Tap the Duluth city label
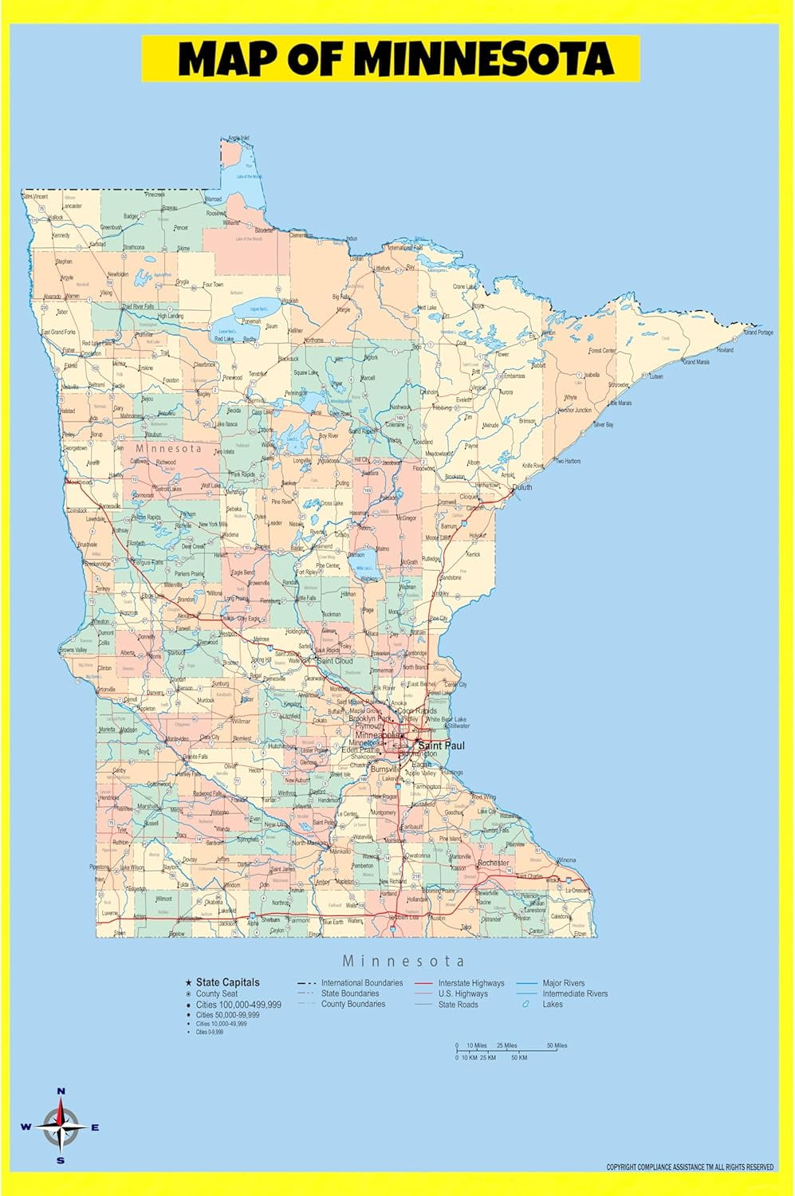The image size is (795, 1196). click(x=521, y=486)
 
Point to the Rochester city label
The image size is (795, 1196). click(x=493, y=863)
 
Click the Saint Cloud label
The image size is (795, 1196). click(x=335, y=661)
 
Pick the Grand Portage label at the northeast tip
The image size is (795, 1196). click(x=758, y=332)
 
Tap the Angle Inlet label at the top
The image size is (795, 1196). click(x=238, y=138)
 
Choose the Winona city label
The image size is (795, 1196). click(x=566, y=860)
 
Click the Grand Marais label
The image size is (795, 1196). click(x=695, y=362)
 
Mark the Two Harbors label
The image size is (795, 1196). click(x=568, y=461)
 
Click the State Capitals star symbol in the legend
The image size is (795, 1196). click(x=188, y=982)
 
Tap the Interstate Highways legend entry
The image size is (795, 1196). click(x=470, y=983)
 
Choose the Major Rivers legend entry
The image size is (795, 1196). click(x=563, y=983)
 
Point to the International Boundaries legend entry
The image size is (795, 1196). click(x=362, y=983)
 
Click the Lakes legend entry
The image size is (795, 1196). click(x=552, y=1004)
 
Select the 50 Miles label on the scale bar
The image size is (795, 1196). click(x=557, y=1045)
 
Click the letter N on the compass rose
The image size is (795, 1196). click(x=61, y=1091)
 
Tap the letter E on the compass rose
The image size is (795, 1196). click(x=95, y=1127)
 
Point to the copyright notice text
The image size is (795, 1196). click(x=690, y=1167)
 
